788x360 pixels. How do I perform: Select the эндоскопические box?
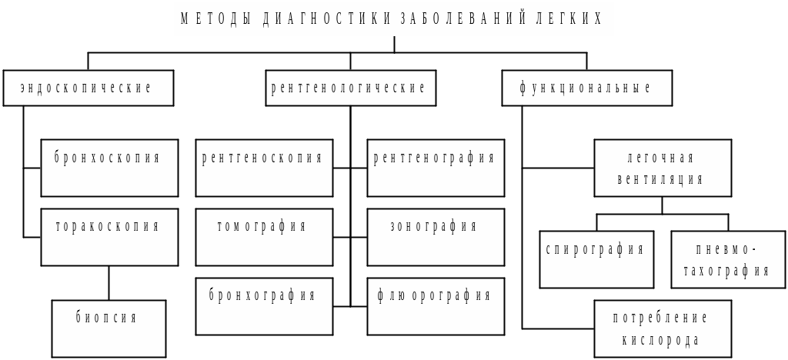88,88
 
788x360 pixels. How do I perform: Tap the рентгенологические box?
350,88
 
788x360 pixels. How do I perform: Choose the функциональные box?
586,88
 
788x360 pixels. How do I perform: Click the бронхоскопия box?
109,168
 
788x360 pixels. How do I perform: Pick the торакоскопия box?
109,237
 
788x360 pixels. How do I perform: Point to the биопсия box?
109,328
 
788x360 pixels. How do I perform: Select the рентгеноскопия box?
264,168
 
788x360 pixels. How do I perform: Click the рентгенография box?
436,168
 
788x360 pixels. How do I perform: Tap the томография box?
264,237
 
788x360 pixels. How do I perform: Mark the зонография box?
436,237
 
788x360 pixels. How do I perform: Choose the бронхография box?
264,306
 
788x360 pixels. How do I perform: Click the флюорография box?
436,306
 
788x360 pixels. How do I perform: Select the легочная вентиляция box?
662,168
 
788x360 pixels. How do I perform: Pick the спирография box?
596,259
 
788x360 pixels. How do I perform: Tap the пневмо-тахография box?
728,259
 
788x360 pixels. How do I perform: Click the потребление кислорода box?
662,328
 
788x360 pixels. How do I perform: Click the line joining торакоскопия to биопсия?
109,283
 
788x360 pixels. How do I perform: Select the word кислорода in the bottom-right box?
661,340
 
